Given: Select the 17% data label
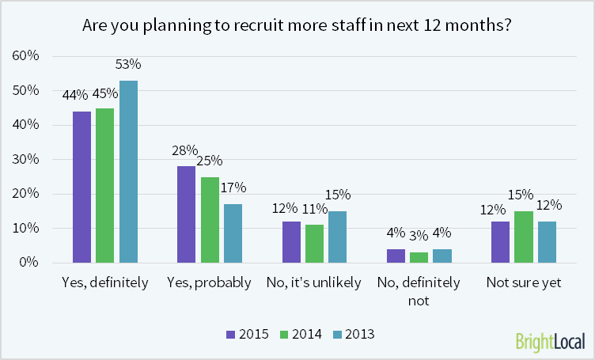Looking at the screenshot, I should click(233, 188).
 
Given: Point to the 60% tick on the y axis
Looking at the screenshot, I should click(26, 56).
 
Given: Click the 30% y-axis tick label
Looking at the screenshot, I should click(26, 159).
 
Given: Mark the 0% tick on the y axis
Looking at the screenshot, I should click(29, 263).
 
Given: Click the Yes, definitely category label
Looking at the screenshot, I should click(105, 282).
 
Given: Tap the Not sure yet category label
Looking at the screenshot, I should click(522, 282).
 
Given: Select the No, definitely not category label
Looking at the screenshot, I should click(418, 290).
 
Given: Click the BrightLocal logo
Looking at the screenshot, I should click(550, 341).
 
